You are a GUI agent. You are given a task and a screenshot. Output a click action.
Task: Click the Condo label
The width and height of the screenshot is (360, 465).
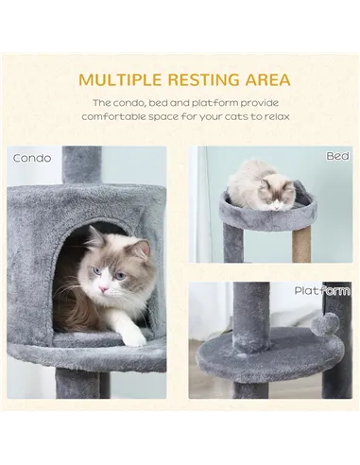tap(32, 158)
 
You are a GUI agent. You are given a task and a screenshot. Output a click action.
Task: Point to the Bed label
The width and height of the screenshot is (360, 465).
tap(337, 155)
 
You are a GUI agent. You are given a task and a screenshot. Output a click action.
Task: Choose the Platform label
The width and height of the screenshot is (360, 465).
tap(322, 291)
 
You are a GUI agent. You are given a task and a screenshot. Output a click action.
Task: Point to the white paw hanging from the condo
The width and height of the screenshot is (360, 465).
tap(133, 334)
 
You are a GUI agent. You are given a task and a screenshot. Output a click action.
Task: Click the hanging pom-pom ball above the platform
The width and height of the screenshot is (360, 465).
tap(326, 324)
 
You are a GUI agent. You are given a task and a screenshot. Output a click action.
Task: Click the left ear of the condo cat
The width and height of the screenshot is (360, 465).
tap(94, 237)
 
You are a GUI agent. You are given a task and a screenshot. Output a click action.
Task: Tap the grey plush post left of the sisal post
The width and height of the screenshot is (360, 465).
tap(232, 242)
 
